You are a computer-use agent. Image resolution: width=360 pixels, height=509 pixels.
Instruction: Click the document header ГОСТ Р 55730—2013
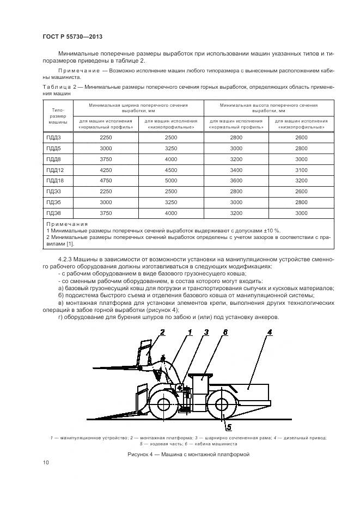coord(72,36)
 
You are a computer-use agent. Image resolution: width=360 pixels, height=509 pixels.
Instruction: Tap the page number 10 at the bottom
coord(45,463)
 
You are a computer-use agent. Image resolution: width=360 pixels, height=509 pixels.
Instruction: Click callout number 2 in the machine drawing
coord(162,332)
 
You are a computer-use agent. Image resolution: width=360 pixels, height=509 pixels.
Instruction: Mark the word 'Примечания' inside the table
coord(67,223)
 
